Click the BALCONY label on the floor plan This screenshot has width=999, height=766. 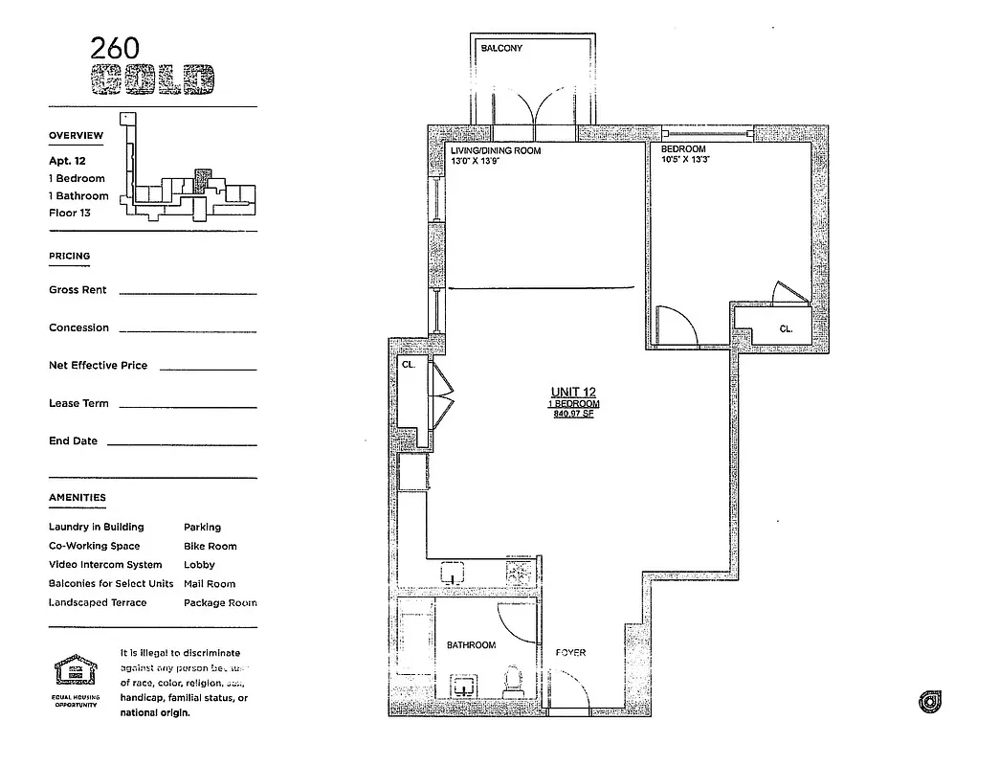pos(501,48)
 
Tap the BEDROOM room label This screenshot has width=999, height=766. pos(683,149)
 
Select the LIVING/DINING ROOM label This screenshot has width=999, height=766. pos(496,150)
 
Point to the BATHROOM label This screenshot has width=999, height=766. pos(471,645)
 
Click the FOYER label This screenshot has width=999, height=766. pos(571,653)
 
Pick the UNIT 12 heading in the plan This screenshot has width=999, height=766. pos(573,392)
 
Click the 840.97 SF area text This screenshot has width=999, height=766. pos(573,414)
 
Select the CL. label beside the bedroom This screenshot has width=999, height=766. pos(787,328)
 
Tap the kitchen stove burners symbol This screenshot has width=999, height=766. pos(519,572)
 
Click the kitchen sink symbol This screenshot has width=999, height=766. pos(453,574)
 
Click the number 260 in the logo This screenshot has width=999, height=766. pos(115,49)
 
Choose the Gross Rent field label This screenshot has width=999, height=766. pos(78,290)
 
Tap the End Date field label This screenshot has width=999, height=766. pos(73,441)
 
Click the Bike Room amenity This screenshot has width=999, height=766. pos(210,546)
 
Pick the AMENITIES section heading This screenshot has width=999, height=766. pos(78,498)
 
